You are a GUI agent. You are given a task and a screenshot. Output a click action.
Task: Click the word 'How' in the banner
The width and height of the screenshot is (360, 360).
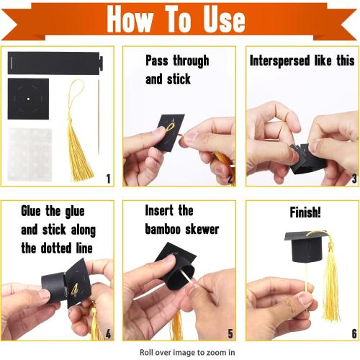[130, 19]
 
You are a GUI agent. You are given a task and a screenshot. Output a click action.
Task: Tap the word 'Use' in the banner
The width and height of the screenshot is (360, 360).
[224, 19]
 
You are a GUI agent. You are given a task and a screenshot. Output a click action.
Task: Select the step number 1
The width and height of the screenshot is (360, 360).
[108, 179]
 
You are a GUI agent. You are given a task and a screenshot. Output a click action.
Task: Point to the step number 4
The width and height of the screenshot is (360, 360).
[108, 333]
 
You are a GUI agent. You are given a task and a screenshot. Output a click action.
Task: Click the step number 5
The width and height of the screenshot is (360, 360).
[230, 333]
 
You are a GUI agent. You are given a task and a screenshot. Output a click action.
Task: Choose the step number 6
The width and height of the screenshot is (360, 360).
[354, 333]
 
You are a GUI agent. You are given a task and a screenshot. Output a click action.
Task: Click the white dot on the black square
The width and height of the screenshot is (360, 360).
[28, 99]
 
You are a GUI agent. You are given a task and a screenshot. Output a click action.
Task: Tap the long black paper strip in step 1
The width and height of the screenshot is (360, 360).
[55, 63]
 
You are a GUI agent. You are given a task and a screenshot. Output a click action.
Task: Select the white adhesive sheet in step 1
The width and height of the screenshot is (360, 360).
[30, 155]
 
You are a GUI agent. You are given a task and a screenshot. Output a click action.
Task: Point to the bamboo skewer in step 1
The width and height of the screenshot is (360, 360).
[99, 117]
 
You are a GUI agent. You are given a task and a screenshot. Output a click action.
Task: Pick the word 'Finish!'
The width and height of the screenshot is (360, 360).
[305, 212]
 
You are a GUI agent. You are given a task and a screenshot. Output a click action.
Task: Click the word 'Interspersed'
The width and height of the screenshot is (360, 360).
[279, 60]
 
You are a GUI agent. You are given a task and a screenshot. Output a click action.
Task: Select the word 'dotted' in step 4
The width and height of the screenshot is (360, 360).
[56, 248]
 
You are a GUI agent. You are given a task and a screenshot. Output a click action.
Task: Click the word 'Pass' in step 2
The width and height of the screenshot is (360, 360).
[157, 60]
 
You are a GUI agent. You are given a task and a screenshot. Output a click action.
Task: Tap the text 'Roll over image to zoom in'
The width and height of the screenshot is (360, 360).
[187, 352]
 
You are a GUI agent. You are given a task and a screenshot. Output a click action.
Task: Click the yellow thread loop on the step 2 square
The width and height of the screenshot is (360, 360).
[170, 127]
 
